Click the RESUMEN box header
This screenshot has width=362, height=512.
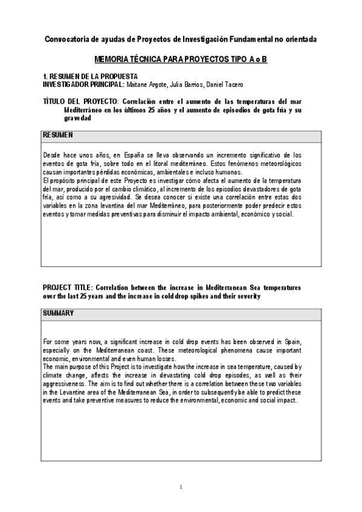click(x=59, y=134)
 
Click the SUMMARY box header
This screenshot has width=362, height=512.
click(x=59, y=313)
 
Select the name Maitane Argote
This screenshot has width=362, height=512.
click(x=146, y=84)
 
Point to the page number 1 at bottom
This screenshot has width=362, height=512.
click(x=181, y=487)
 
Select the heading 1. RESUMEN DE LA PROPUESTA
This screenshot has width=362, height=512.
click(x=90, y=77)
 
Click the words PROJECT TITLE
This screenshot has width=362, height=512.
click(x=68, y=288)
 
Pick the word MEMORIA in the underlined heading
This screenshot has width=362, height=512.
click(x=114, y=61)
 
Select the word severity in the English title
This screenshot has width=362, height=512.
click(x=247, y=296)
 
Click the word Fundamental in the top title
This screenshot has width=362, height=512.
click(x=254, y=39)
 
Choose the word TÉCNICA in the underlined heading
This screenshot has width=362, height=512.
click(x=152, y=61)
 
